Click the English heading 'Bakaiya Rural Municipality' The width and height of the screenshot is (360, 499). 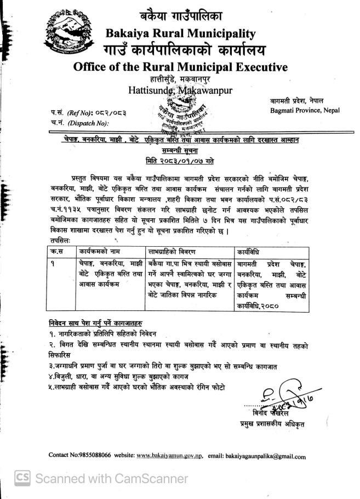[181, 34]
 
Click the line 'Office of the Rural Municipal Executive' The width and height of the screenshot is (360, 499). [181, 67]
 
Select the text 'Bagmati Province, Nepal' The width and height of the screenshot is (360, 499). [308, 110]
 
